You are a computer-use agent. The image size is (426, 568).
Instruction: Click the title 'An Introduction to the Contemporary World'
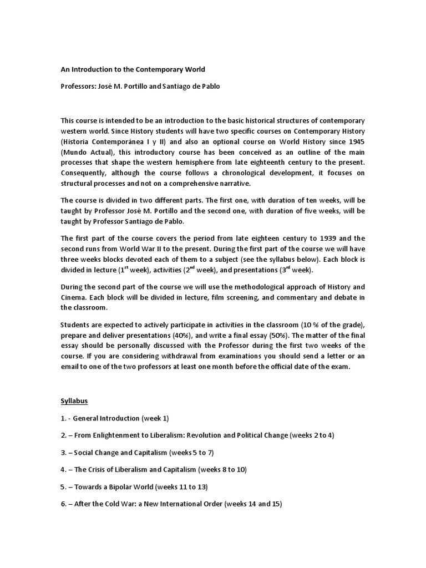point(133,69)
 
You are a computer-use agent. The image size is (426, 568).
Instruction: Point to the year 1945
point(355,140)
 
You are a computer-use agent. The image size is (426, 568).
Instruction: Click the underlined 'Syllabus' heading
point(74,400)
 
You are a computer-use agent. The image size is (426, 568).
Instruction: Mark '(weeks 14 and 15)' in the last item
point(256,504)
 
